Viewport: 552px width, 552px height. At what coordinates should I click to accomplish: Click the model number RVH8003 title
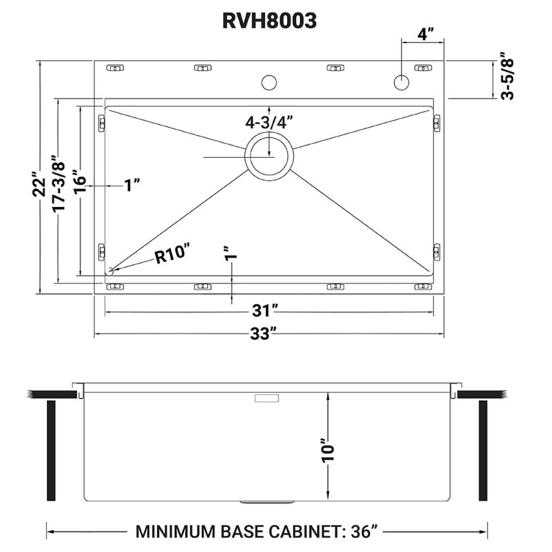tap(269, 21)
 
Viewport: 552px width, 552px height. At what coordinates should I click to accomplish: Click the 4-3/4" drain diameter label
tap(269, 122)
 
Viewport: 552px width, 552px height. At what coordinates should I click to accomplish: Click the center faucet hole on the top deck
tap(269, 83)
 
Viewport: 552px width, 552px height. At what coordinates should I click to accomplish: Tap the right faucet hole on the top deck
tap(401, 83)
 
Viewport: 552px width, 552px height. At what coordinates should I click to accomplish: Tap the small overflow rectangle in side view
tap(266, 399)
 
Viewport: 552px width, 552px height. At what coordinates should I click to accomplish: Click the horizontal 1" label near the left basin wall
tap(132, 185)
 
